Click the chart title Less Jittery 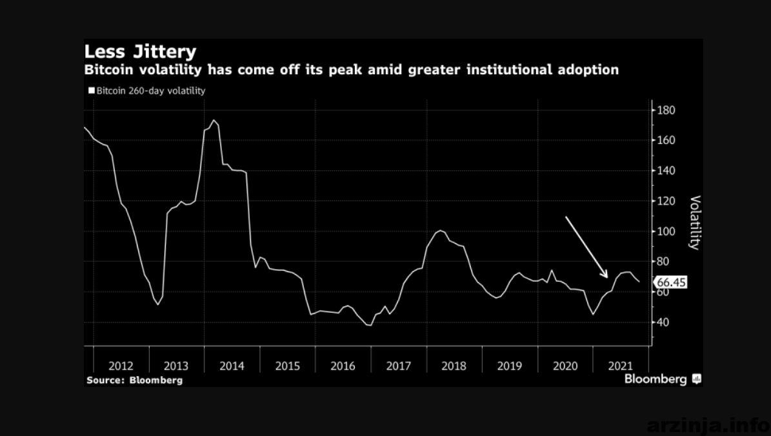click(140, 52)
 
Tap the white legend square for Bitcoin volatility click(92, 90)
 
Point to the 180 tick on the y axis click(665, 110)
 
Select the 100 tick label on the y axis click(665, 232)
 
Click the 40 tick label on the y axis click(663, 322)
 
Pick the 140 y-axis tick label click(665, 170)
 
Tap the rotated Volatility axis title click(695, 223)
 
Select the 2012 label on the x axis click(121, 366)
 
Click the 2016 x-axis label click(343, 366)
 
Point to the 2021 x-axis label click(620, 366)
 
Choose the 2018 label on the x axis click(454, 366)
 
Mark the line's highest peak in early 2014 click(214, 120)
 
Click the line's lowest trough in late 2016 click(369, 326)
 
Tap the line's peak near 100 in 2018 click(439, 230)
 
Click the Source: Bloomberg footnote click(135, 380)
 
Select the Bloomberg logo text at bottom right click(656, 379)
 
